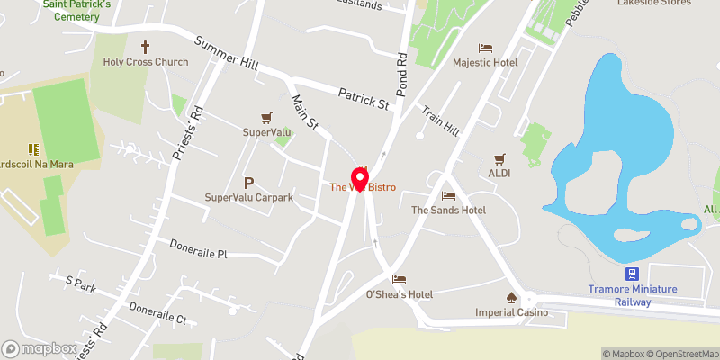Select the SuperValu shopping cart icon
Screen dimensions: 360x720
[x=266, y=118]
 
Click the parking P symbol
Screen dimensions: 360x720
[x=248, y=182]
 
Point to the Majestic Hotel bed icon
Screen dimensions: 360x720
[x=485, y=47]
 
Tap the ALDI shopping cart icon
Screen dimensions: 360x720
[x=499, y=157]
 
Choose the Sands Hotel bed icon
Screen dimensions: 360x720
[x=448, y=195]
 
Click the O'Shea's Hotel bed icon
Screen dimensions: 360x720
[x=399, y=280]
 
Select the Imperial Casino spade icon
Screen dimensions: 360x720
[x=511, y=297]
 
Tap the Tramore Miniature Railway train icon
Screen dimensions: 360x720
[x=633, y=274]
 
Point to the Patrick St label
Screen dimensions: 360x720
[x=363, y=99]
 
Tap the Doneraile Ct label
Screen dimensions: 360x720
[x=157, y=312]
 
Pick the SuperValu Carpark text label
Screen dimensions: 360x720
[x=249, y=197]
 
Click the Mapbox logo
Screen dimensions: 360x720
[x=39, y=348]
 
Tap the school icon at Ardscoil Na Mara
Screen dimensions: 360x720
[x=33, y=149]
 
